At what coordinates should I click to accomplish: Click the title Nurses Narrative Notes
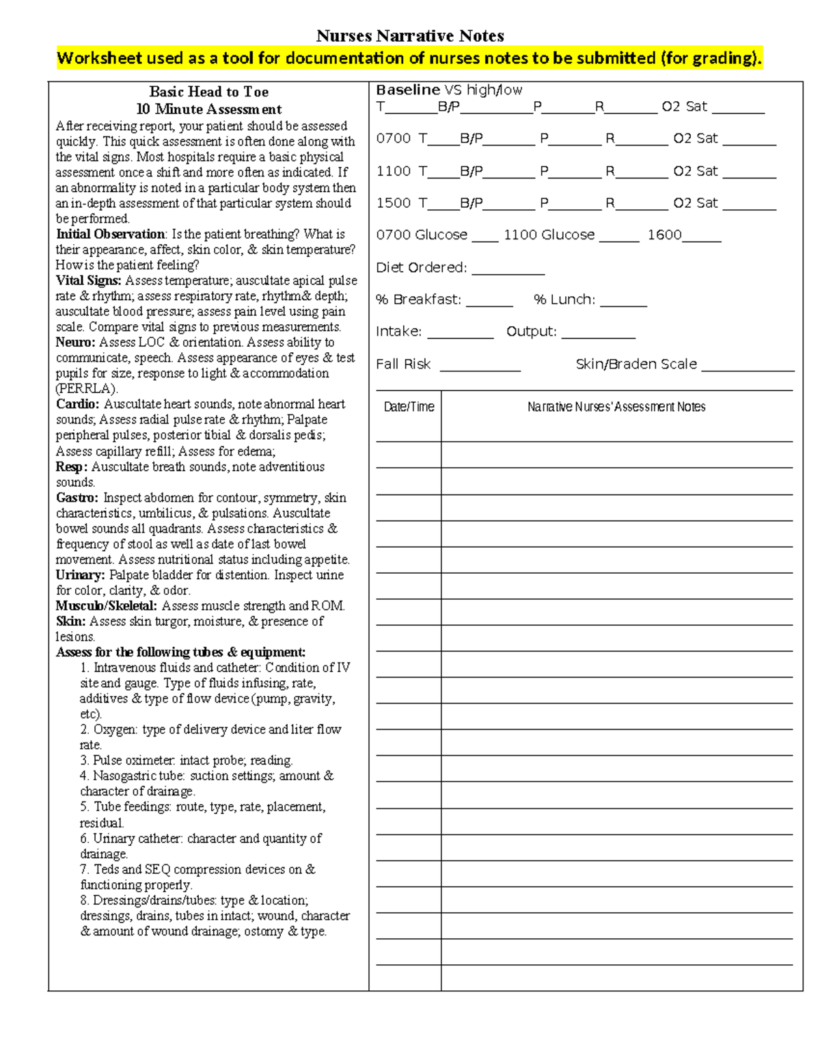(410, 36)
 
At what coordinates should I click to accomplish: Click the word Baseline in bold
(408, 90)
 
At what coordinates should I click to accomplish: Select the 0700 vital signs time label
(393, 139)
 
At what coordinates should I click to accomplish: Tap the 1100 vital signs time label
(393, 171)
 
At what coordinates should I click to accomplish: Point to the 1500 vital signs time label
(393, 203)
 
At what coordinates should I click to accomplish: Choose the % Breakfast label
(418, 300)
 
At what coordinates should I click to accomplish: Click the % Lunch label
(564, 300)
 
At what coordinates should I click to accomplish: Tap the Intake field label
(398, 332)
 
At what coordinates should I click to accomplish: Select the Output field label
(531, 332)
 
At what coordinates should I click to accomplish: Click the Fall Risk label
(403, 364)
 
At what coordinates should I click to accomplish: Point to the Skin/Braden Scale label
(636, 364)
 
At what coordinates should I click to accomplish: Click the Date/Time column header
(409, 407)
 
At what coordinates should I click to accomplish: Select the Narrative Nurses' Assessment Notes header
(616, 407)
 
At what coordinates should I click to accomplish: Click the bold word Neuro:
(75, 343)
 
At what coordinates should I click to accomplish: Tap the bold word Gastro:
(77, 498)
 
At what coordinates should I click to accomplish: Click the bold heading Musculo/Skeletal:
(106, 606)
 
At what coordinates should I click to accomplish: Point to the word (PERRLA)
(86, 388)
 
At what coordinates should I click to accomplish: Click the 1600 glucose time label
(664, 235)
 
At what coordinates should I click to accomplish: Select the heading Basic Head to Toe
(208, 92)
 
